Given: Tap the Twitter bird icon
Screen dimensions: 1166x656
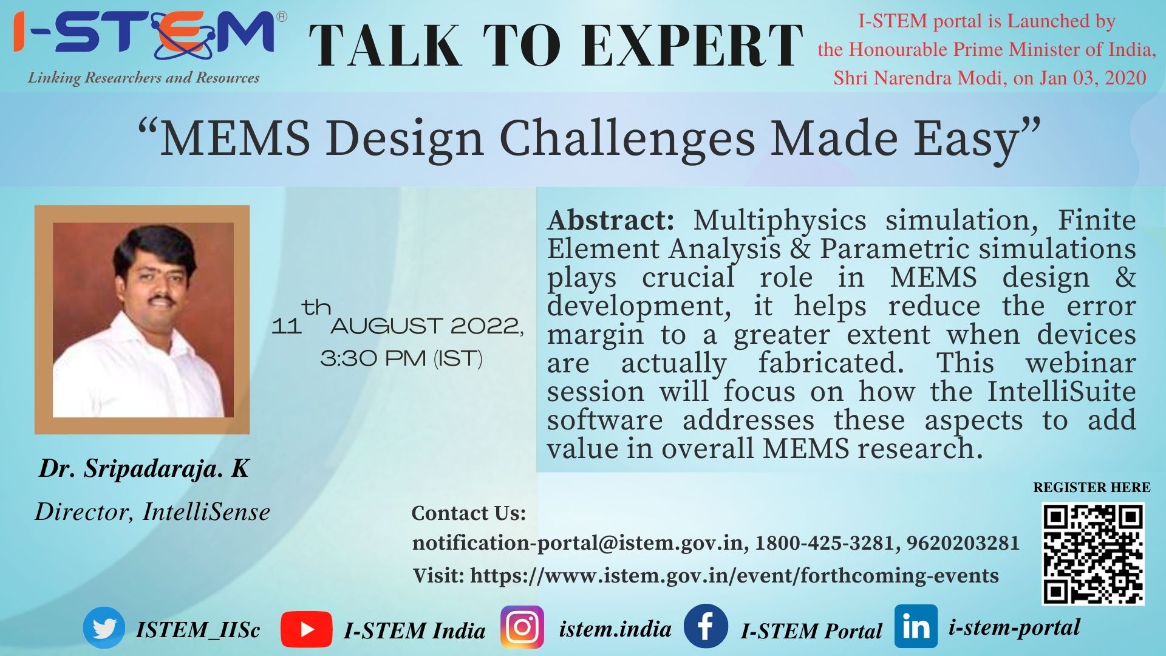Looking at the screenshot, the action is [104, 628].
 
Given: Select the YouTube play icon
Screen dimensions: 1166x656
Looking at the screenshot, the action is [306, 629].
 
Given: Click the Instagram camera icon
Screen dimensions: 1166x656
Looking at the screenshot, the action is [522, 627].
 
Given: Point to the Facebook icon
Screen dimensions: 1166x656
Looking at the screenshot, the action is [706, 626].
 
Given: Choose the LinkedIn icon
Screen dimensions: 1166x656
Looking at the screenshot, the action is [916, 626].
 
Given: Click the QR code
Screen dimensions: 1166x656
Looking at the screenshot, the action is [1093, 554].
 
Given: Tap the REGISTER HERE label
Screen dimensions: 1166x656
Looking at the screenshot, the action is [1092, 488].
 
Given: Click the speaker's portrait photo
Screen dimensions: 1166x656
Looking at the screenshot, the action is [143, 319].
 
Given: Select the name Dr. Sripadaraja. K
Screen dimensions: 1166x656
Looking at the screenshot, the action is [144, 468].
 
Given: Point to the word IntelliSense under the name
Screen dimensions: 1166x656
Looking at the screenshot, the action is [206, 512].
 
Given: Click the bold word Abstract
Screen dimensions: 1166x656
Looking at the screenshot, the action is [610, 220].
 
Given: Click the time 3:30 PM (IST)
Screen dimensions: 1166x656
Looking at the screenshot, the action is [401, 358].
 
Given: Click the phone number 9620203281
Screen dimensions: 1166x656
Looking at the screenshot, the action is [963, 542].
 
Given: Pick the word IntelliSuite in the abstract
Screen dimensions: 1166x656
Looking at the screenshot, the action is [1062, 391].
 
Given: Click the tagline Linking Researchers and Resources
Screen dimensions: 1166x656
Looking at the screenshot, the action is [143, 78].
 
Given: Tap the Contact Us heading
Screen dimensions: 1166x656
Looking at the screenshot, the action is [469, 513].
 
